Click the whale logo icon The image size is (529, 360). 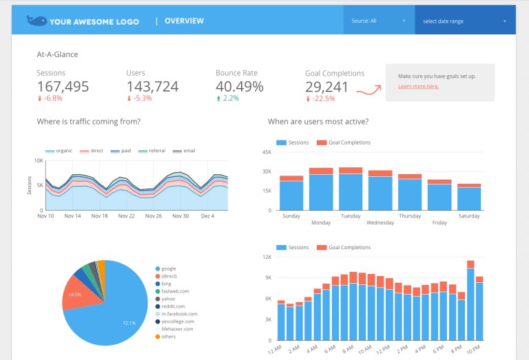(36, 21)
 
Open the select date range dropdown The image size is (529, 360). (464, 21)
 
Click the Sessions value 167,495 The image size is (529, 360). (63, 87)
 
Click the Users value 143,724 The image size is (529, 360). (152, 87)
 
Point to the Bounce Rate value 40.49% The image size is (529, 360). (239, 87)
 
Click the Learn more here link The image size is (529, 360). (418, 86)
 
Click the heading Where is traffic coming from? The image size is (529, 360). (89, 122)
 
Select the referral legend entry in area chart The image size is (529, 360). (153, 150)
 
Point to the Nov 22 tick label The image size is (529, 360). (127, 215)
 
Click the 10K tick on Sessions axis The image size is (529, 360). (39, 161)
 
